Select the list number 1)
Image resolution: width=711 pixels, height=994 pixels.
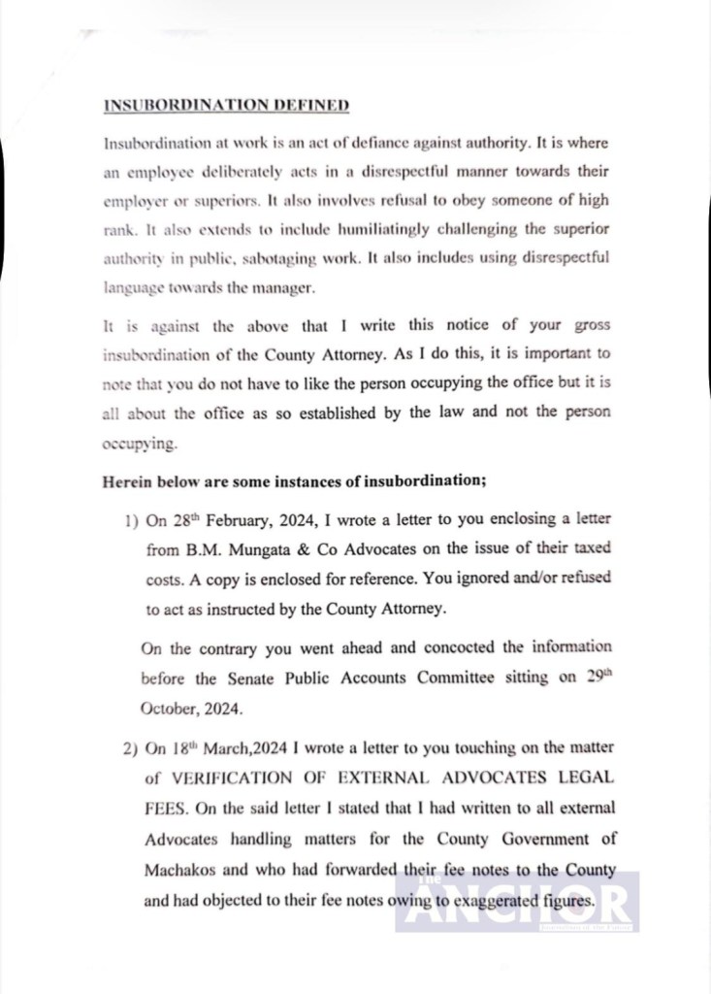tap(131, 520)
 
